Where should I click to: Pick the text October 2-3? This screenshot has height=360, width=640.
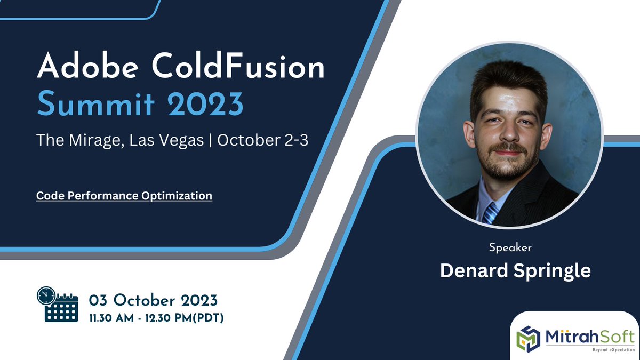262,140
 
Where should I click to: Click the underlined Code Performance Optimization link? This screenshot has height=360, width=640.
124,196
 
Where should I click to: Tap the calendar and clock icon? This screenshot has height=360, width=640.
57,304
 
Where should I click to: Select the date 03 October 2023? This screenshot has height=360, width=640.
153,298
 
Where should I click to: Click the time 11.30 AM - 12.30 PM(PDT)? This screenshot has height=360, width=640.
156,318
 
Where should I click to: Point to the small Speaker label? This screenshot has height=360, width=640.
510,247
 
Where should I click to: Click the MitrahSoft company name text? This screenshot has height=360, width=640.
589,337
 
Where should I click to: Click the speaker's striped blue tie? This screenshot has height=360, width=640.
490,212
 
